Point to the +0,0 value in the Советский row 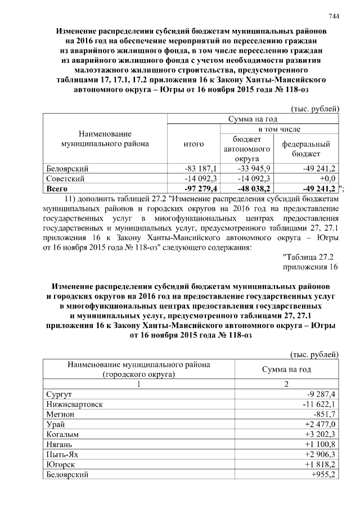point(326,178)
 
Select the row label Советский point(65,178)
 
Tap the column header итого point(194,144)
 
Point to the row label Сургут point(59,394)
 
